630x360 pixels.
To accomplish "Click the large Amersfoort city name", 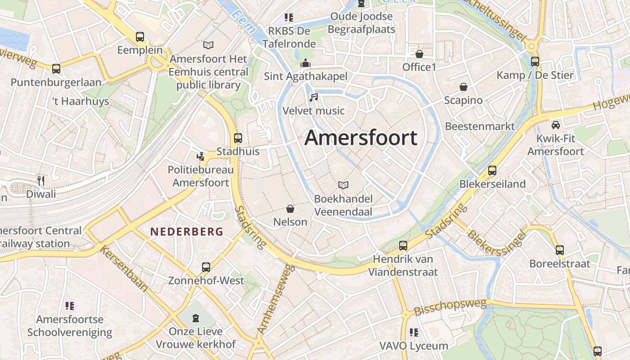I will click(x=361, y=138).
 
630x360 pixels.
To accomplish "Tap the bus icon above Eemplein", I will click(x=140, y=37).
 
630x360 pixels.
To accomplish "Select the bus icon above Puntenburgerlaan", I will click(x=56, y=69).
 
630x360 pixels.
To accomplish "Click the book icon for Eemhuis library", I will click(x=208, y=45).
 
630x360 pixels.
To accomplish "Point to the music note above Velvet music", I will click(x=314, y=97).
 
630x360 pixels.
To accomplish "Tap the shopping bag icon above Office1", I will click(x=419, y=54).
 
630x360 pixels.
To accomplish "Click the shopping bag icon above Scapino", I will click(x=463, y=87).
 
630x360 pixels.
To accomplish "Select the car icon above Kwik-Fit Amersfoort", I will click(x=556, y=125).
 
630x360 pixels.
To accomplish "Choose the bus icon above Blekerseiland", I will click(x=492, y=171).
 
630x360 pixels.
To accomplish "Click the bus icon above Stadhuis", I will click(x=238, y=138).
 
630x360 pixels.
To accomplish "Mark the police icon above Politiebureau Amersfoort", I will click(x=201, y=157).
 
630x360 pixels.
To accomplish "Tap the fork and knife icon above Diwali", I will click(x=41, y=181).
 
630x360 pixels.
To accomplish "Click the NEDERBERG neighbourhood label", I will click(x=186, y=232).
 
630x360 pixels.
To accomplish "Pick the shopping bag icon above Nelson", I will click(x=290, y=209).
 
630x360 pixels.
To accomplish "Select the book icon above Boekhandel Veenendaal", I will click(x=343, y=185).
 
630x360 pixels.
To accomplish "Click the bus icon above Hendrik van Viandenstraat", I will click(x=403, y=246).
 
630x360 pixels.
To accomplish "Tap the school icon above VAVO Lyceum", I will click(x=414, y=333).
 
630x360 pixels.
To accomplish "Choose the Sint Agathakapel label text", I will click(x=306, y=76).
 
